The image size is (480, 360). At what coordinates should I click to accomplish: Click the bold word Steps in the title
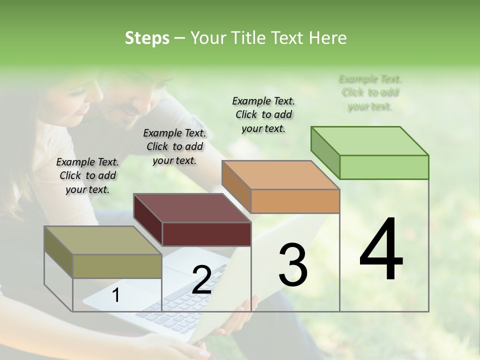pos(147,38)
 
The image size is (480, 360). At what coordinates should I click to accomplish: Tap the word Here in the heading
pos(327,38)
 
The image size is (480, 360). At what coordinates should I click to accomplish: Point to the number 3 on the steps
pos(292,265)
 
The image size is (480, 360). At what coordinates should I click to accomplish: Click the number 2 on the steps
pos(201,280)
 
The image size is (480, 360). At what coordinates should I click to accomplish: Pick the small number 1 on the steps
pos(115,295)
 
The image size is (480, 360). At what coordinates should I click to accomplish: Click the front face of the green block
pos(384,167)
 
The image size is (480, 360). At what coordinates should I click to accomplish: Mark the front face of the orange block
pos(295,201)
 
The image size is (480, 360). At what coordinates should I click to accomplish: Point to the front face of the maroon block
pos(206,234)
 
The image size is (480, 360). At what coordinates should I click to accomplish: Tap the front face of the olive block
pos(117,266)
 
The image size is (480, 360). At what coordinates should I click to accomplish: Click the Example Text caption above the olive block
pos(87,175)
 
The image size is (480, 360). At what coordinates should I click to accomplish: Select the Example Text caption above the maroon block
pos(174,146)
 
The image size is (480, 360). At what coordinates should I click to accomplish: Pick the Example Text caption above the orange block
pos(263,114)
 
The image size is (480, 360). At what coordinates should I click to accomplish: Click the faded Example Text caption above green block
pos(370,92)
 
